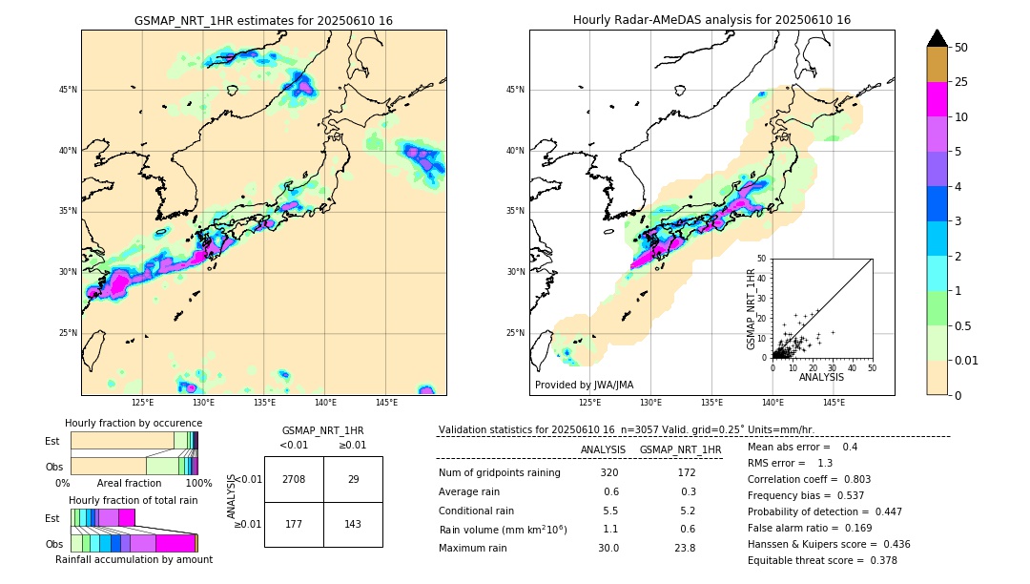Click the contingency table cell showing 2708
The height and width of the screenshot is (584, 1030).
(294, 479)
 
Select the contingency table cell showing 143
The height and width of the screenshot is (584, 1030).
(353, 525)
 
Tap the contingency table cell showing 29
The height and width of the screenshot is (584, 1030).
(353, 479)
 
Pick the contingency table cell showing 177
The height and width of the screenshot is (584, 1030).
(294, 525)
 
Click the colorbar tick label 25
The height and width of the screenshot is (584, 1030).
(961, 82)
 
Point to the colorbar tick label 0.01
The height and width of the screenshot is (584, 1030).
(967, 360)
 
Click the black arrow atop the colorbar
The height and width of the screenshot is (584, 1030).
(937, 38)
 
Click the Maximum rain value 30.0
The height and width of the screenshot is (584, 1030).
(609, 548)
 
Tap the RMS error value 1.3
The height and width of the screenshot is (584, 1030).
(825, 463)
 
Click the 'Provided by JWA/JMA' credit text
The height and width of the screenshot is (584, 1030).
(584, 386)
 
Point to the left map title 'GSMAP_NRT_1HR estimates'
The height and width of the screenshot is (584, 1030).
(263, 20)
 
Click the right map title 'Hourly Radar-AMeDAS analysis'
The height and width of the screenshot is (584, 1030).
(711, 20)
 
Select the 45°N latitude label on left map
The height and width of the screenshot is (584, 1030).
(68, 90)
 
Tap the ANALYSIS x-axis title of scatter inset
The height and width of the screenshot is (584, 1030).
(821, 377)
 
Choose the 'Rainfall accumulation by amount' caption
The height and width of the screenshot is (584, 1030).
(134, 560)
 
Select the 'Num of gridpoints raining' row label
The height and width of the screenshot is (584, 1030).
(499, 473)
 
